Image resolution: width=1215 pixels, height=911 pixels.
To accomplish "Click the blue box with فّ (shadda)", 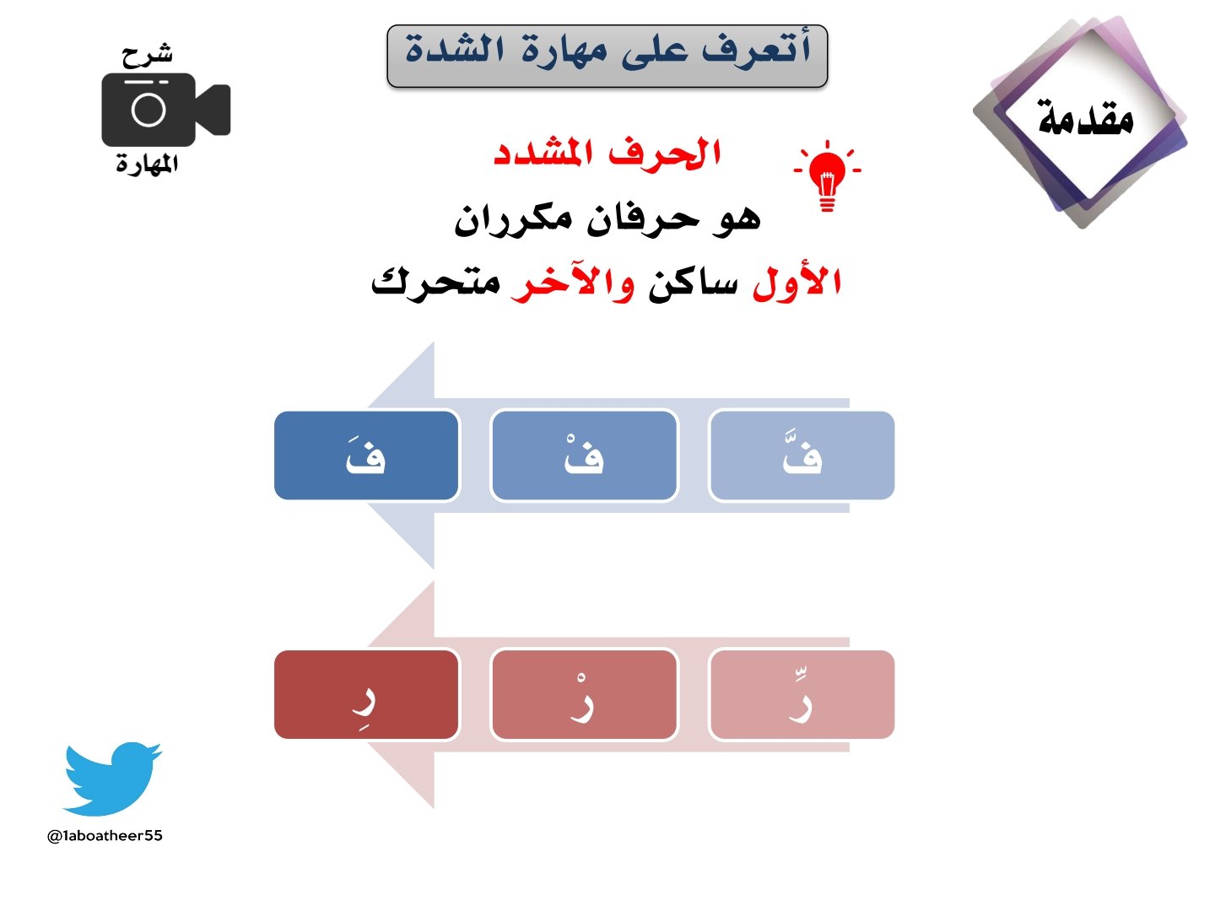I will (802, 455).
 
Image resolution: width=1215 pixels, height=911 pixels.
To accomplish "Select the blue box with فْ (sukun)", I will (584, 455).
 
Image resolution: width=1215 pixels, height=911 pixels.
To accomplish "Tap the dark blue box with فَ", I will (366, 455).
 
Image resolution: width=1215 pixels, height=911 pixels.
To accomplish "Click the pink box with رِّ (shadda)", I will (802, 695).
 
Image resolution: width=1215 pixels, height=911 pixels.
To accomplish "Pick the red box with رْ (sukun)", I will (584, 695).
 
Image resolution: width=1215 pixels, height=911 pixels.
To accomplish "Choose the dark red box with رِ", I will (366, 695).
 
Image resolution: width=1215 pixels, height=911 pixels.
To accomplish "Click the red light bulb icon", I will (827, 175).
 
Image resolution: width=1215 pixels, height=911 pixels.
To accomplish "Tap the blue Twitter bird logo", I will (111, 778).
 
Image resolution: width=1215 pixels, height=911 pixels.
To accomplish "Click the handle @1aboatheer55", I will (105, 836).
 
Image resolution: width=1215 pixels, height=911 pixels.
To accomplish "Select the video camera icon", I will (165, 110).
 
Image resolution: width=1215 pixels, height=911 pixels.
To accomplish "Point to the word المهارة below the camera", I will (147, 164).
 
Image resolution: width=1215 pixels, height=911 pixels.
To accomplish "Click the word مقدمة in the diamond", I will (1085, 118).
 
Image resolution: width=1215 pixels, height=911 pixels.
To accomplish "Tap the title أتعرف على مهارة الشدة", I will (607, 51).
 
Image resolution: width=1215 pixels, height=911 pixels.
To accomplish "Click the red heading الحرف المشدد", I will (607, 154).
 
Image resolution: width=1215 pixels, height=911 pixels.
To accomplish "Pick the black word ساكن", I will (693, 284).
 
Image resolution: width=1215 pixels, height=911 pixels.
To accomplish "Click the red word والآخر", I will (574, 283).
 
